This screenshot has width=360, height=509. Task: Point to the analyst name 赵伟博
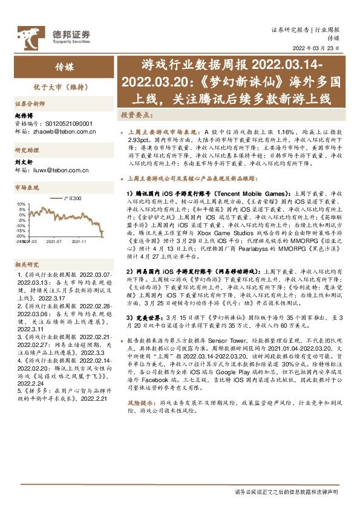pos(22,115)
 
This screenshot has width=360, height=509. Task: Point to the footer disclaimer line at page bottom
pos(290,492)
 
